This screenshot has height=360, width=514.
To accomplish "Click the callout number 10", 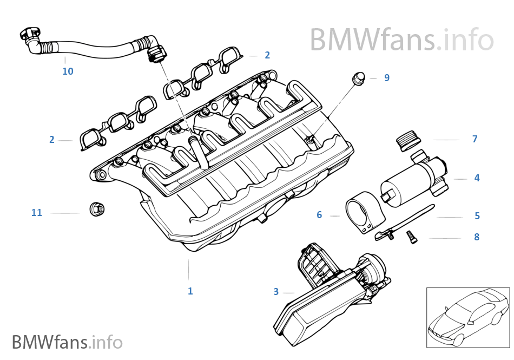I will [68, 71].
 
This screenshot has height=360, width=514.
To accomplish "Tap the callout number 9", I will [386, 78].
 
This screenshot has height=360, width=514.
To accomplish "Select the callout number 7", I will [475, 139].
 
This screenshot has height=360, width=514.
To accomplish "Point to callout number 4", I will [477, 178].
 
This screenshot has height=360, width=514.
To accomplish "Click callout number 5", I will [477, 215].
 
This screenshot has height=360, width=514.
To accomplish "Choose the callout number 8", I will [477, 237].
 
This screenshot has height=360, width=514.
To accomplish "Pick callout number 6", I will [319, 215].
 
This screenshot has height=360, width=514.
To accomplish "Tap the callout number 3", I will [276, 292].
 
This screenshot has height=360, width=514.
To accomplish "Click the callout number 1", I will [190, 291].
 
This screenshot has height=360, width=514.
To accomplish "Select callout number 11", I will [36, 213].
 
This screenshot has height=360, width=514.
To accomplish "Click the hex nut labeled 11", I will [96, 208].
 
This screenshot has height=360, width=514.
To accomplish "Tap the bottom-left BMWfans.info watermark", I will [67, 342].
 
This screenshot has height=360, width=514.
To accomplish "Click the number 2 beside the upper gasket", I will [267, 55].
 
